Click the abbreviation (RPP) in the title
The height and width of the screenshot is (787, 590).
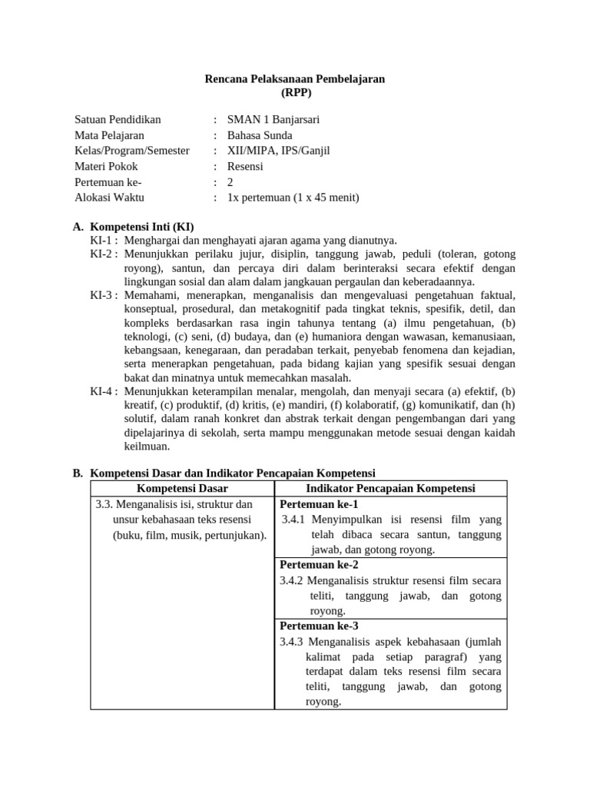[x=295, y=92]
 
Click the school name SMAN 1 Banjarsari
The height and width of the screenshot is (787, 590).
[x=273, y=120]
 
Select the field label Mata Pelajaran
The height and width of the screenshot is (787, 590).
[x=110, y=135]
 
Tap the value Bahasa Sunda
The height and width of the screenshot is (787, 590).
[x=260, y=135]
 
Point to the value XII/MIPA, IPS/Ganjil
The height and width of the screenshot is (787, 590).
[x=279, y=151]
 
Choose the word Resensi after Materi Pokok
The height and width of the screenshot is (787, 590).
[x=245, y=166]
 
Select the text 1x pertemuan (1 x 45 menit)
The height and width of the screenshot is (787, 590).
[x=293, y=197]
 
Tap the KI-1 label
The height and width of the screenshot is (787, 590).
[x=103, y=241]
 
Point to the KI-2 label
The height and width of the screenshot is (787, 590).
[x=103, y=254]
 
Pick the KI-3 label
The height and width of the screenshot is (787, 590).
[x=103, y=295]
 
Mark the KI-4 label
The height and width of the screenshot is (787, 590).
[x=103, y=391]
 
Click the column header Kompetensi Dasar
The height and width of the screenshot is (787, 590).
[x=182, y=489]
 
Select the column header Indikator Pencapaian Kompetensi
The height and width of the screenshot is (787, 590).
[x=390, y=489]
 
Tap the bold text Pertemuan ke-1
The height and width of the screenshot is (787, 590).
[x=319, y=504]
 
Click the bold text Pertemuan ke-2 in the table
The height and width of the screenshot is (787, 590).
[x=319, y=565]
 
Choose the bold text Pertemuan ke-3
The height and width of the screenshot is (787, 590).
[x=319, y=626]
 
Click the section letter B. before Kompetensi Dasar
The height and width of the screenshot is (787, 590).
[x=78, y=473]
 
